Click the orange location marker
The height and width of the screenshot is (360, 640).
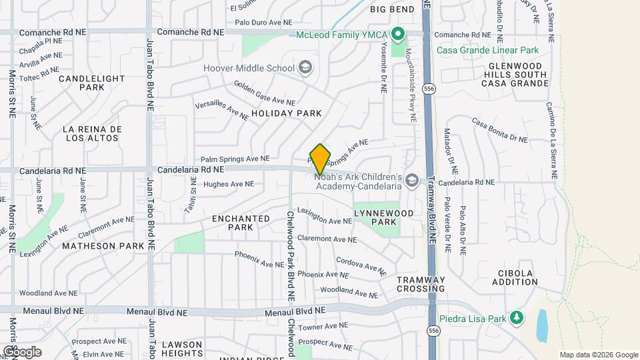coord(320,159)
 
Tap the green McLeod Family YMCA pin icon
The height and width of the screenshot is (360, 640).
coord(398,33)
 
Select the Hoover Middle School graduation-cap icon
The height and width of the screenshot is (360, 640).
coord(305,67)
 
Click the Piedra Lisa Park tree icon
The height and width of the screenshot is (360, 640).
coord(515,318)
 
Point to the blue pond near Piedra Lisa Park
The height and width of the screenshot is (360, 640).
coord(541,325)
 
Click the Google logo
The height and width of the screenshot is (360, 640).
coord(22,351)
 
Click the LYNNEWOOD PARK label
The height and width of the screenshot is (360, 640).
coord(383,217)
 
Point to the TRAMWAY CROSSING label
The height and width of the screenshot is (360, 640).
coord(421,284)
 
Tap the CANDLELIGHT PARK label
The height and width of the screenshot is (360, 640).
coord(92,83)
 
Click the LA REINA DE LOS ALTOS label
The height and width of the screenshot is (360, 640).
coord(92,133)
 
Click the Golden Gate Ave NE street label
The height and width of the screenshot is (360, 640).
coord(264,93)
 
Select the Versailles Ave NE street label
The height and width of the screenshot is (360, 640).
coord(221,111)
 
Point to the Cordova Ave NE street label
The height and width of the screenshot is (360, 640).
coord(361,267)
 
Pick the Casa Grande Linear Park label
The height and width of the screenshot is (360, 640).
coord(489,50)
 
